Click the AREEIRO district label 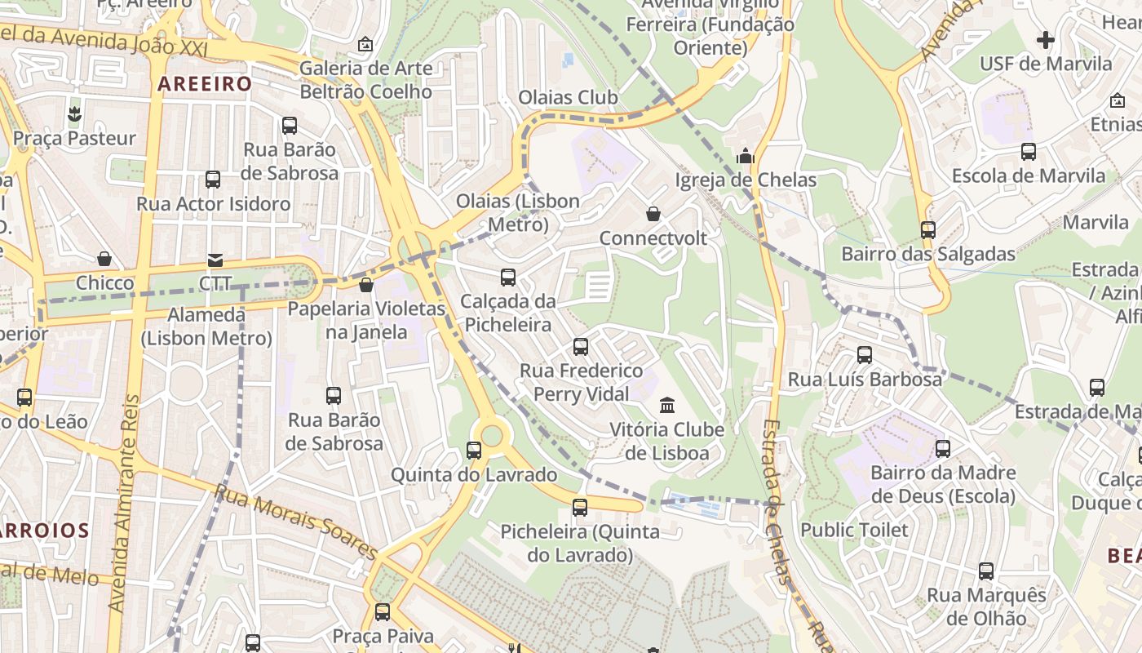[205, 83]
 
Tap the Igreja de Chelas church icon [746, 155]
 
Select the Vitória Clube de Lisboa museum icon [667, 405]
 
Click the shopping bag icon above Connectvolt [653, 214]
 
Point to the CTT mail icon [215, 260]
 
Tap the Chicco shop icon [104, 259]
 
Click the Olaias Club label [569, 97]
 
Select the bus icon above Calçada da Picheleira [508, 278]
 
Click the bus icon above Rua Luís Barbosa [865, 355]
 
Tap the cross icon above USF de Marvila [1046, 39]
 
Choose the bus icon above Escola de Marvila [1029, 151]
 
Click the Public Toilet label [854, 530]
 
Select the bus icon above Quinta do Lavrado [474, 450]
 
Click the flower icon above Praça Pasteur [74, 113]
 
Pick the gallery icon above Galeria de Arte [365, 43]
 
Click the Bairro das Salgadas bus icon [928, 229]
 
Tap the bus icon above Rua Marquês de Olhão [986, 571]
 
